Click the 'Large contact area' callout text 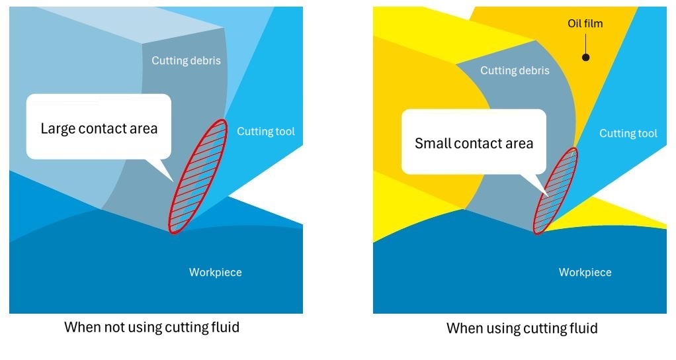[x=99, y=128]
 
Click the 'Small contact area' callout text [x=474, y=144]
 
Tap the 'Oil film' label [x=585, y=24]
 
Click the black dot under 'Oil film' [x=585, y=57]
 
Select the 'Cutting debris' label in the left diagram [x=186, y=61]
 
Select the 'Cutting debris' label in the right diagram [x=515, y=71]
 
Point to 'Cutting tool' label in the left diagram [x=266, y=131]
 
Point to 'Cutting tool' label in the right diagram [x=628, y=134]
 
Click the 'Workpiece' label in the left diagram [x=215, y=272]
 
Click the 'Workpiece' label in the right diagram [x=585, y=272]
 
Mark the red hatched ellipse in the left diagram [x=197, y=176]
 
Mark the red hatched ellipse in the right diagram [x=554, y=191]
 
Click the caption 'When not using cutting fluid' [x=151, y=327]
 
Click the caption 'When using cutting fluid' [x=522, y=328]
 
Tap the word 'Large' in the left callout [x=58, y=128]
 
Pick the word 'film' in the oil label [x=594, y=24]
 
